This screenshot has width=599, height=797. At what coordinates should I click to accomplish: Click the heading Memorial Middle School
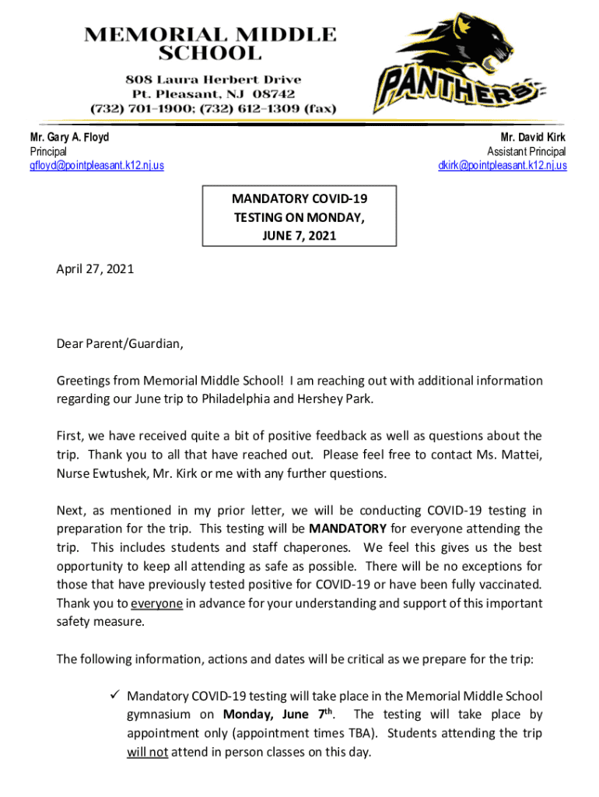click(210, 44)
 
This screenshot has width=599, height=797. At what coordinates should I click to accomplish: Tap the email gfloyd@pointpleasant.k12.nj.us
click(96, 166)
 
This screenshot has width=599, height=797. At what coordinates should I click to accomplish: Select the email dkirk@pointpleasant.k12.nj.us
click(502, 166)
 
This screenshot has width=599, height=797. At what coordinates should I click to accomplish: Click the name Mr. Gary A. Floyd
click(69, 138)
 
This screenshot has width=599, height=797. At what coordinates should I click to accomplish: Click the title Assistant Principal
click(526, 152)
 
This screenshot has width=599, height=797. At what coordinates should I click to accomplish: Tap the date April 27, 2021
click(95, 269)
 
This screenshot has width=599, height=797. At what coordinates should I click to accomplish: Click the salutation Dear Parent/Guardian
click(121, 344)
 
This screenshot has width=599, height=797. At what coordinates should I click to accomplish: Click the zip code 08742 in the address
click(278, 94)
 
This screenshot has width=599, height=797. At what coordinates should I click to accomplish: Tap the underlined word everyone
click(156, 604)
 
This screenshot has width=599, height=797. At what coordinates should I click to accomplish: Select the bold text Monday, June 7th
click(278, 714)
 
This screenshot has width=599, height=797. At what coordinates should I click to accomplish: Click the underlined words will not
click(147, 752)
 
